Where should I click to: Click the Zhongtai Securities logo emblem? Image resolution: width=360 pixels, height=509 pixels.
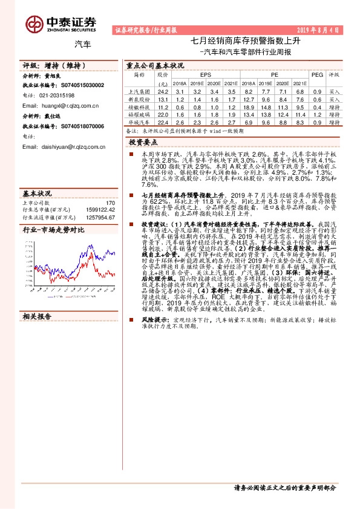coord(34,23)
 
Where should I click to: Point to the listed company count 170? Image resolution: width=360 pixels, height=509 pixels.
coord(110,203)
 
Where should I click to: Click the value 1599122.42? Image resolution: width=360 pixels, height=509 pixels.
coord(100,210)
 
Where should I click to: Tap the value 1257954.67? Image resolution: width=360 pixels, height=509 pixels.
coord(100,217)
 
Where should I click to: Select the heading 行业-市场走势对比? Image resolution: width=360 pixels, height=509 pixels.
coord(54,230)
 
